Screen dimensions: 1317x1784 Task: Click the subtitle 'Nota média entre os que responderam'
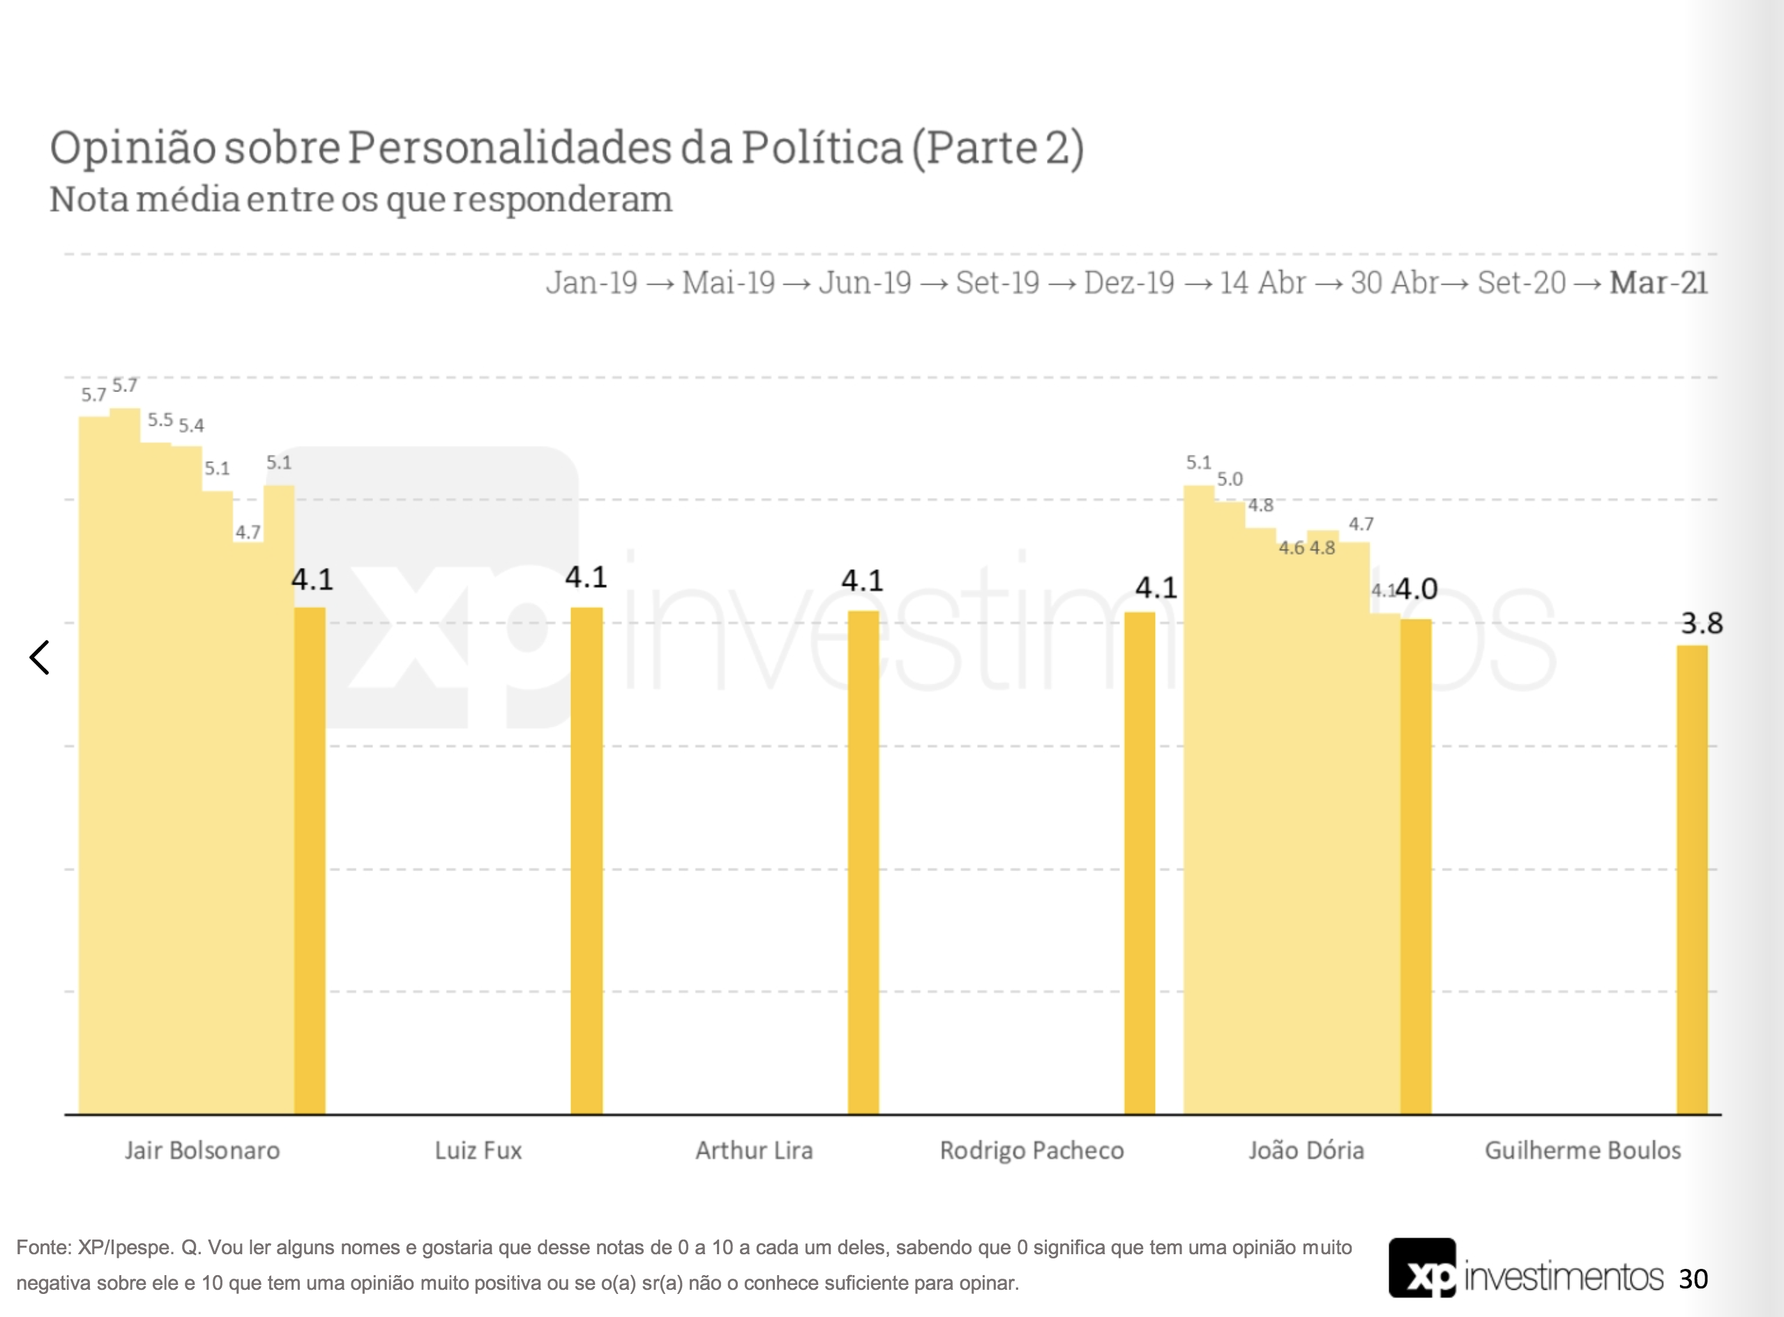pyautogui.click(x=361, y=200)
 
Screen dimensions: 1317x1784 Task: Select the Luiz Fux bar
pyautogui.click(x=586, y=861)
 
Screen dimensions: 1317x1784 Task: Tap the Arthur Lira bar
pyautogui.click(x=863, y=861)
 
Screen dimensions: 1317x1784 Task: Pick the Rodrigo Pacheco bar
pyautogui.click(x=1139, y=861)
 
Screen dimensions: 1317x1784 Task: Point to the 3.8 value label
pyautogui.click(x=1701, y=624)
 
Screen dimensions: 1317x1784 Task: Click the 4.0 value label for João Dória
pyautogui.click(x=1417, y=589)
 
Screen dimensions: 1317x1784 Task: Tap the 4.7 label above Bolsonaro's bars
pyautogui.click(x=248, y=532)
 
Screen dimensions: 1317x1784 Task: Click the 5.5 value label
pyautogui.click(x=160, y=420)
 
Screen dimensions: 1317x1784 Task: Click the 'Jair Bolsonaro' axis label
pyautogui.click(x=202, y=1150)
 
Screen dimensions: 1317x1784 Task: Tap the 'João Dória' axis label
pyautogui.click(x=1306, y=1150)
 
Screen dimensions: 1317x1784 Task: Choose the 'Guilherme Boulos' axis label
pyautogui.click(x=1582, y=1150)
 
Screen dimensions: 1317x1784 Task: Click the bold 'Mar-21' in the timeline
pyautogui.click(x=1658, y=283)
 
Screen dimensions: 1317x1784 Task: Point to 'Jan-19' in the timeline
pyautogui.click(x=591, y=283)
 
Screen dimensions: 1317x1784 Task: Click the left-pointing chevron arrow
pyautogui.click(x=40, y=657)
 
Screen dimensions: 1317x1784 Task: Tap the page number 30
pyautogui.click(x=1693, y=1279)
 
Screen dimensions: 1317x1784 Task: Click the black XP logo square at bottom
pyautogui.click(x=1422, y=1269)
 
